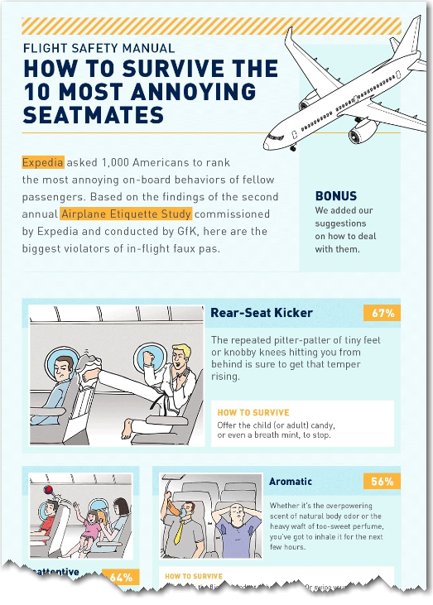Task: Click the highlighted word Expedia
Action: click(x=43, y=162)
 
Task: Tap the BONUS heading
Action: click(x=336, y=196)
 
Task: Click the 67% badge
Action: click(x=382, y=313)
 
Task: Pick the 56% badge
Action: click(x=382, y=481)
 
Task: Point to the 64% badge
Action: click(x=122, y=577)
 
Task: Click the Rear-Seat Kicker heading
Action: click(x=262, y=313)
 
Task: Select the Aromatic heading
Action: click(x=291, y=481)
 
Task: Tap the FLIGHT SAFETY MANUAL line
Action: click(x=99, y=49)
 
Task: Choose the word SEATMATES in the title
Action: click(x=94, y=114)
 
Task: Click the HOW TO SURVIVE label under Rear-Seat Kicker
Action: click(x=253, y=411)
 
